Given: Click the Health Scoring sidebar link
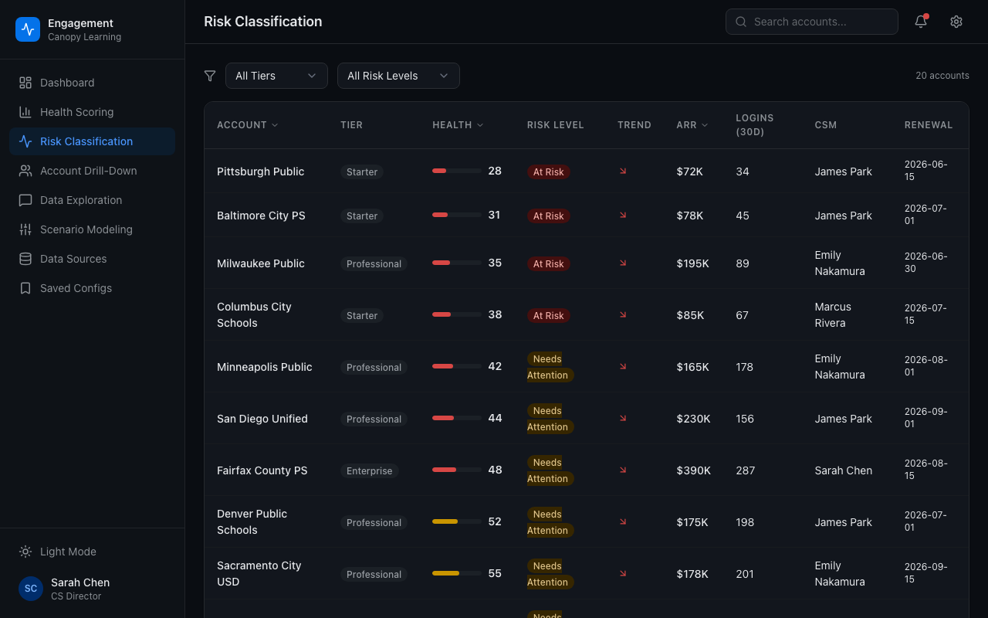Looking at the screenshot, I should [x=76, y=112].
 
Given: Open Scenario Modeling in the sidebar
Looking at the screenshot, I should [x=86, y=229].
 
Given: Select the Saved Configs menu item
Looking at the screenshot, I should [x=76, y=288].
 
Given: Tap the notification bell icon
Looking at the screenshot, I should [x=920, y=22].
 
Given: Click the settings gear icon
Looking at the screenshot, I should [x=956, y=22].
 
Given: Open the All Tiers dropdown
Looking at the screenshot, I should [x=276, y=76].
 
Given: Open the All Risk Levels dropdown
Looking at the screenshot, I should [x=398, y=76].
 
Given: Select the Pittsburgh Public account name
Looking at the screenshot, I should [x=260, y=171].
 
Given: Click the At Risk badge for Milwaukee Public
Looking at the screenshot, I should [x=548, y=264].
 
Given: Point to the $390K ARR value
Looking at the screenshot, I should [x=693, y=470].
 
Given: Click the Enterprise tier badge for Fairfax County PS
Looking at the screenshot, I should [x=369, y=471].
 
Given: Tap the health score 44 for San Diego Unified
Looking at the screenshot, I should [x=495, y=418].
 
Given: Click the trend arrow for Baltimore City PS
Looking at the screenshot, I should [x=623, y=216].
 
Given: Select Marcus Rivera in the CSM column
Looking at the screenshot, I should [x=832, y=315].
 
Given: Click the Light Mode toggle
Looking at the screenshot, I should [x=68, y=552].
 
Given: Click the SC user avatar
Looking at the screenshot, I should [x=31, y=589].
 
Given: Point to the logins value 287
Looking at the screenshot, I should [x=745, y=470].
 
